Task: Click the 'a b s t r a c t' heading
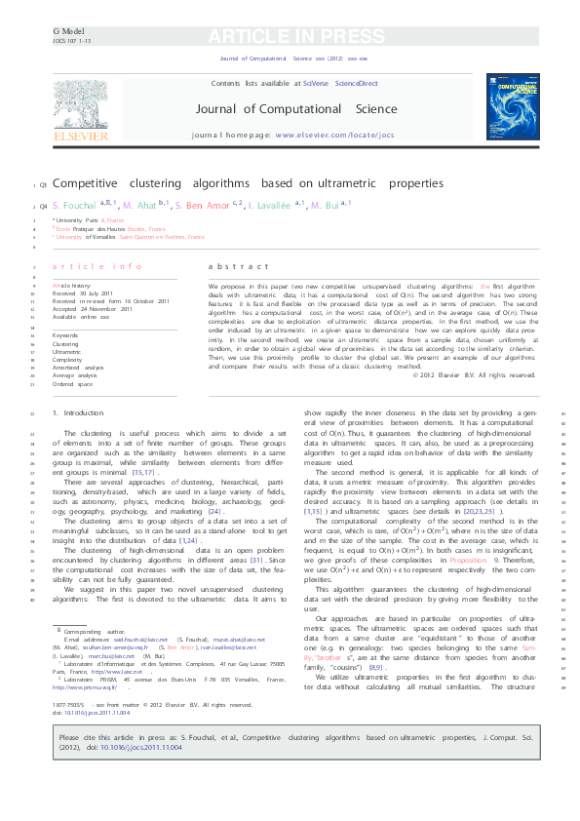pyautogui.click(x=239, y=266)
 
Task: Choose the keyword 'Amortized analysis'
pyautogui.click(x=75, y=367)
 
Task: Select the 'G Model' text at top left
pyautogui.click(x=63, y=31)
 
